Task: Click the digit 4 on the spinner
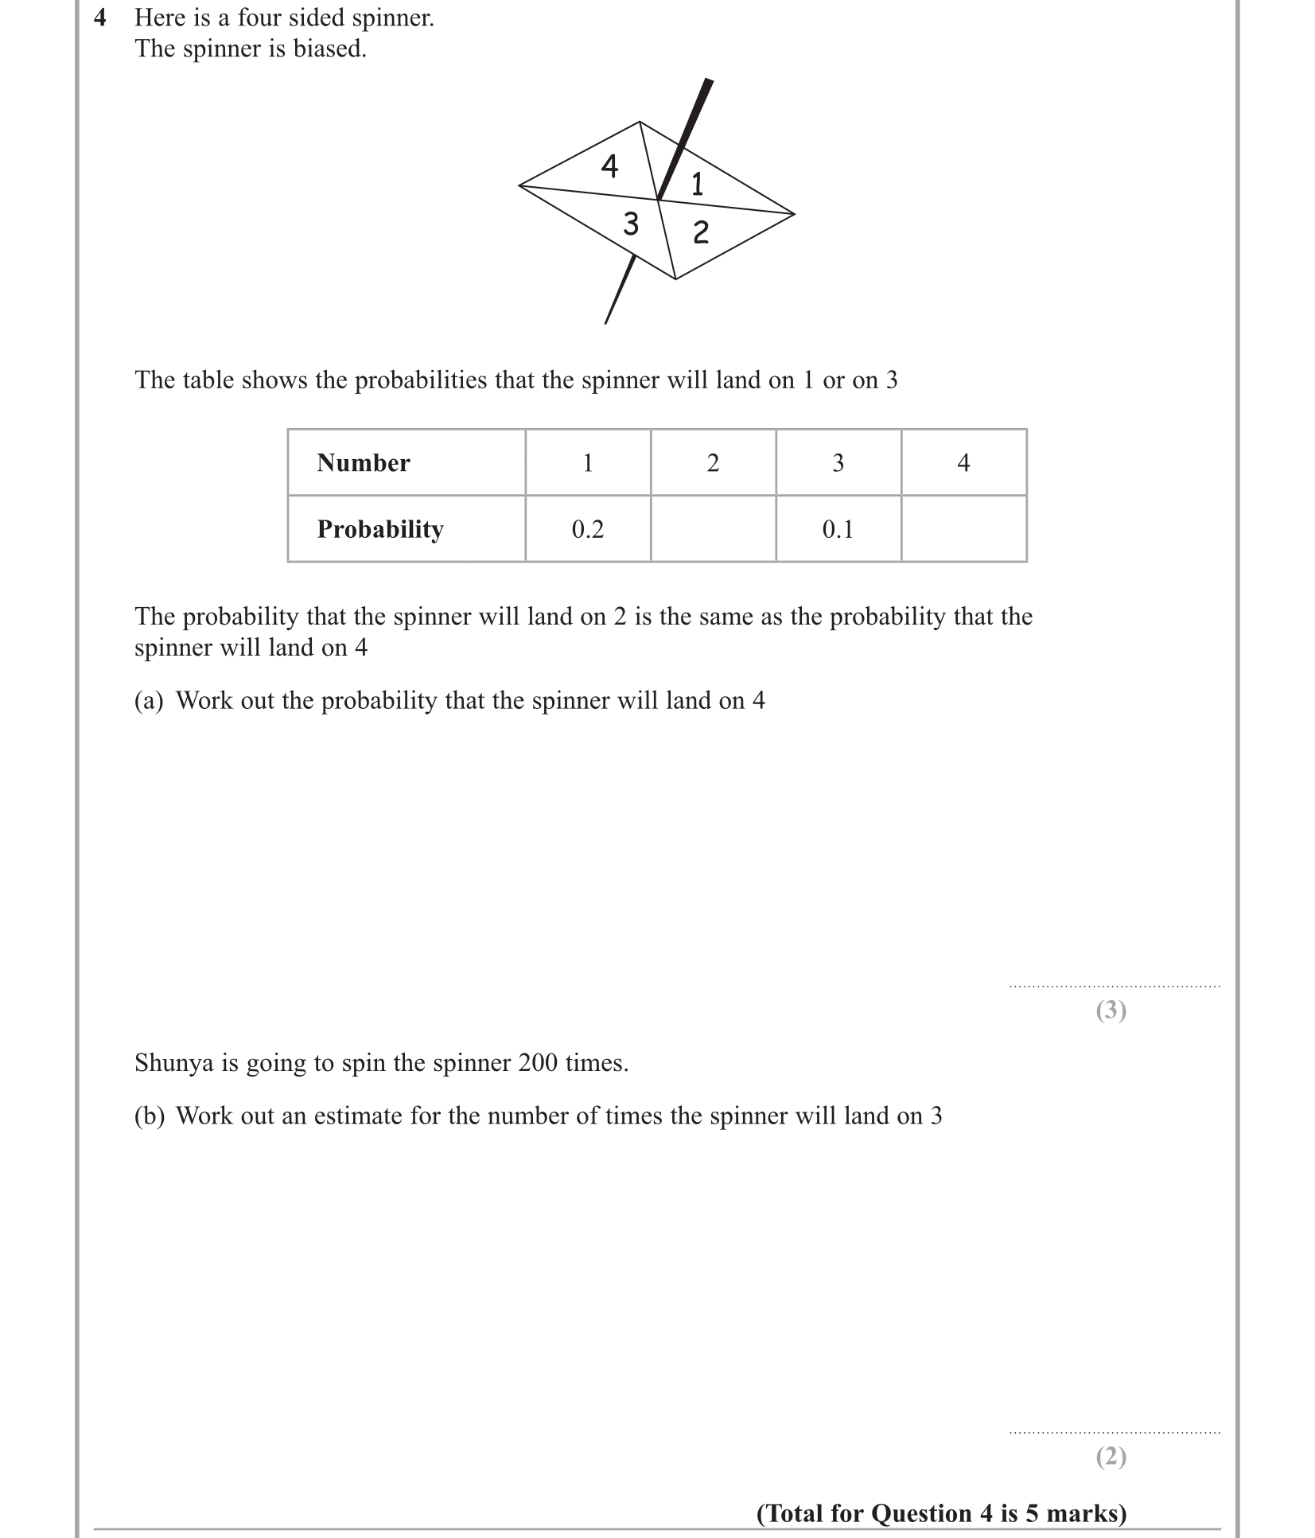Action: [609, 166]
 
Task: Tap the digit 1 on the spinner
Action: [697, 185]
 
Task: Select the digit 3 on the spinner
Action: [631, 224]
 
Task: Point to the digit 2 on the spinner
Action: [700, 232]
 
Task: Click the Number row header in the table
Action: [364, 463]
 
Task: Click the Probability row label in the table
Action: [380, 529]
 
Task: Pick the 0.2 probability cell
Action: [588, 529]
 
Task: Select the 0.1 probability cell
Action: [838, 529]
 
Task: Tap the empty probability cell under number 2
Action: [713, 529]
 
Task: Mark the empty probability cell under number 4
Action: [963, 529]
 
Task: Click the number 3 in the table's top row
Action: [838, 463]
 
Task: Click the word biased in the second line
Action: [329, 49]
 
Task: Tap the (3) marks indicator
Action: [1111, 1010]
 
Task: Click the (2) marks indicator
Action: [1111, 1457]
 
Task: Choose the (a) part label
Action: [149, 701]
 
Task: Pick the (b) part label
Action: [149, 1116]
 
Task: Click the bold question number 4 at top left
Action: [100, 18]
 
